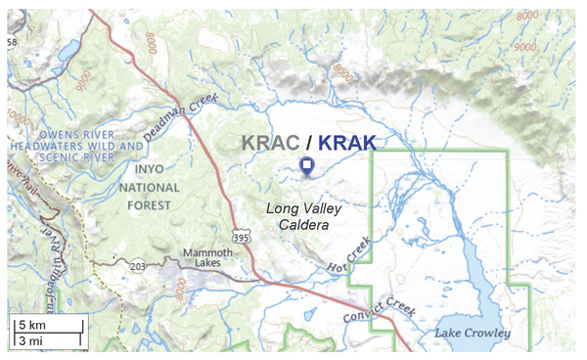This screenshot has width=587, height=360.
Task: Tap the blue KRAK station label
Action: click(x=346, y=143)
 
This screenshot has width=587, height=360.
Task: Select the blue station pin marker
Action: click(x=307, y=166)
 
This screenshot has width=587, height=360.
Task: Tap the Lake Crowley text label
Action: click(x=474, y=334)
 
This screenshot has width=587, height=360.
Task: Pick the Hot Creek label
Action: click(x=349, y=256)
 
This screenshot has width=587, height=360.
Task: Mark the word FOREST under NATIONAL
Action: click(x=150, y=204)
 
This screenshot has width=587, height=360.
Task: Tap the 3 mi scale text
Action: click(x=29, y=340)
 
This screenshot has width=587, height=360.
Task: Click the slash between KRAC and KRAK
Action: click(x=307, y=143)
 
